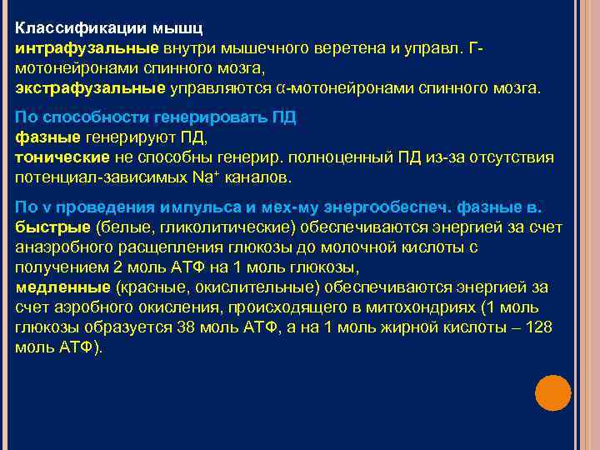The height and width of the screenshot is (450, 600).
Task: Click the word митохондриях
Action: pyautogui.click(x=435, y=307)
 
